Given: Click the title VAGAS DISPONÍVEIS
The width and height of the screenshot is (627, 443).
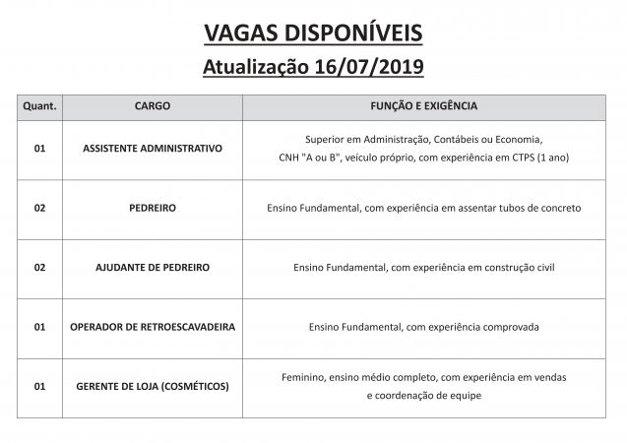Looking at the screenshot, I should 313,33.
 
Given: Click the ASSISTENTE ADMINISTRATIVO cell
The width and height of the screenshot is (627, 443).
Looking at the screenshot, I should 153,148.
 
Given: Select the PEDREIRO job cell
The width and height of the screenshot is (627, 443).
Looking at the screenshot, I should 153,208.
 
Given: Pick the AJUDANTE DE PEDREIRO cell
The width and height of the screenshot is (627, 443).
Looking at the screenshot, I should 153,267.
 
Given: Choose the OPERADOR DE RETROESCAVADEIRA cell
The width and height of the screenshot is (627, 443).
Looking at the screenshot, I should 153,327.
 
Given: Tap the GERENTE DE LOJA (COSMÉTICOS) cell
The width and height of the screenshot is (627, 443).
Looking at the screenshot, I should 153,386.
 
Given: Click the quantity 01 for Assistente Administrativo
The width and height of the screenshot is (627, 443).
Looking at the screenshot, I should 39,148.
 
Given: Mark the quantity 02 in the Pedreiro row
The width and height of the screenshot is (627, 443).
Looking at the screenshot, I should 39,208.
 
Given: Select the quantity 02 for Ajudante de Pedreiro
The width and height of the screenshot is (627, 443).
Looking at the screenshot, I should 39,267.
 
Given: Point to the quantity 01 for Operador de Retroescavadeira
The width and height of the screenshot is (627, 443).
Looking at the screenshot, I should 39,327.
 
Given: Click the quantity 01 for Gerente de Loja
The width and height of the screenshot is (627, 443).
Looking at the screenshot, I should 39,386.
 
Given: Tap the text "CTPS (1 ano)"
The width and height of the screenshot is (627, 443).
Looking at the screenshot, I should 536,158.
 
